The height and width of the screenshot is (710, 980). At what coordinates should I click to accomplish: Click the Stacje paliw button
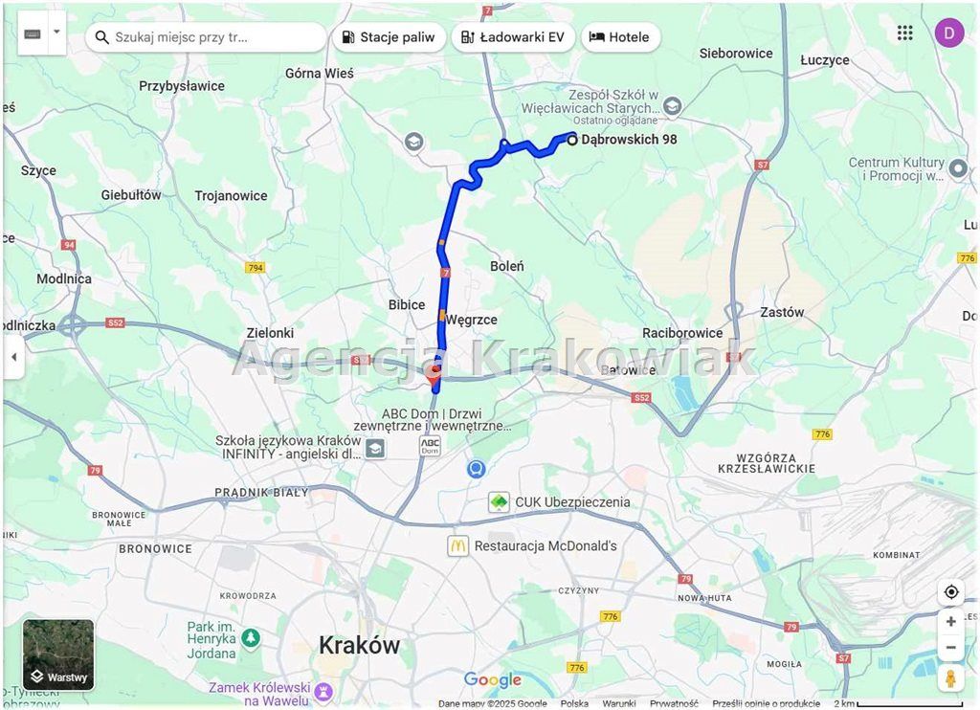(x=389, y=37)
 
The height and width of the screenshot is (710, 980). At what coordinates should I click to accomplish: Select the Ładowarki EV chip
(x=512, y=37)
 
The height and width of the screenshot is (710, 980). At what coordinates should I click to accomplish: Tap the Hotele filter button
(x=620, y=37)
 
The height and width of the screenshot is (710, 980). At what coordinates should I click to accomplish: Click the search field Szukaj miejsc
(x=206, y=37)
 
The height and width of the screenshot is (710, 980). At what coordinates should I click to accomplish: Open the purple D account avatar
(x=948, y=33)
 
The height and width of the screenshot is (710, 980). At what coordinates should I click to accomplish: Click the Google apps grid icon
(x=905, y=33)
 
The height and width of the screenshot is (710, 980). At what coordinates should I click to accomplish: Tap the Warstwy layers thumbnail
(x=58, y=655)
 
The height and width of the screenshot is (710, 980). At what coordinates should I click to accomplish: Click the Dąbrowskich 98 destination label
(x=629, y=140)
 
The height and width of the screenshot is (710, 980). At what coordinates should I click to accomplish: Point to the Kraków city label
(x=359, y=645)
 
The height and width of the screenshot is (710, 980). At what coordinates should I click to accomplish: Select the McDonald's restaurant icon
(x=457, y=545)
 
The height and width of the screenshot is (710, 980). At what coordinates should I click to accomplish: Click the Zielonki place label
(x=270, y=333)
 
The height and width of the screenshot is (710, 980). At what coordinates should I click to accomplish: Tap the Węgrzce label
(x=471, y=320)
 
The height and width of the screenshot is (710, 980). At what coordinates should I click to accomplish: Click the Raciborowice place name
(x=682, y=333)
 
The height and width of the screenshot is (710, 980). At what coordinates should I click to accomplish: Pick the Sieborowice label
(x=736, y=54)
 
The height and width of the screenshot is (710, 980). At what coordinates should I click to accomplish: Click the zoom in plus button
(x=950, y=621)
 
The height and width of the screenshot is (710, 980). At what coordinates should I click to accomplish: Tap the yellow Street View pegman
(x=950, y=677)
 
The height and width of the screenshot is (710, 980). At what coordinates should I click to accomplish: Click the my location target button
(x=950, y=592)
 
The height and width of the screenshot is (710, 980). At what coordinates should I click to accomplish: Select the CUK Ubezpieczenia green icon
(x=499, y=501)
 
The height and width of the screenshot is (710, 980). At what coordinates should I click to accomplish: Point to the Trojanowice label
(x=231, y=196)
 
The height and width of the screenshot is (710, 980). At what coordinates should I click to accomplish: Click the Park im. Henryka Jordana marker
(x=251, y=636)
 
